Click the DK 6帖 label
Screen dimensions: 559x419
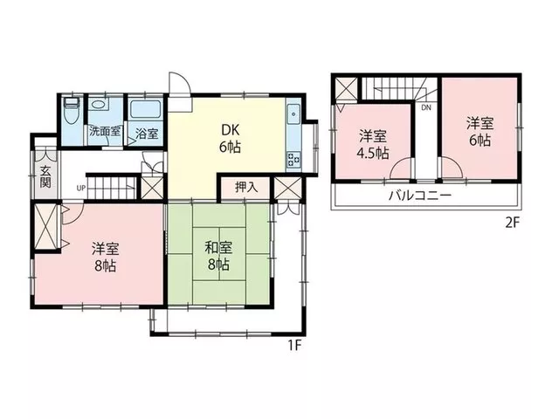coord(230,139)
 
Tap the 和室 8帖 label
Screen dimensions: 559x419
coord(218,256)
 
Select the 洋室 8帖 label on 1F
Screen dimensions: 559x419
coord(106,257)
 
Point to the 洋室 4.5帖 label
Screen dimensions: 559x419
coord(373,145)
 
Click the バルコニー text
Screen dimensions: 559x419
coord(420,196)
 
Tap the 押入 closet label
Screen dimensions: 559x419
coord(246,188)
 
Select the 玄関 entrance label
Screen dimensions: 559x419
coord(45,176)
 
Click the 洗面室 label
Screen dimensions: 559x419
coord(105,131)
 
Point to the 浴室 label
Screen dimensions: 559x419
coord(147,134)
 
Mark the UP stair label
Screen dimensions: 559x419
coord(81,188)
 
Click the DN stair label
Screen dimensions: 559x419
coord(426,107)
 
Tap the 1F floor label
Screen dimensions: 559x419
coord(295,346)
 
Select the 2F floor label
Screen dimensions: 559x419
coord(513,223)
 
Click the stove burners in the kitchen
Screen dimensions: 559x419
coord(293,159)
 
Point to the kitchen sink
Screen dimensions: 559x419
coord(293,114)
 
